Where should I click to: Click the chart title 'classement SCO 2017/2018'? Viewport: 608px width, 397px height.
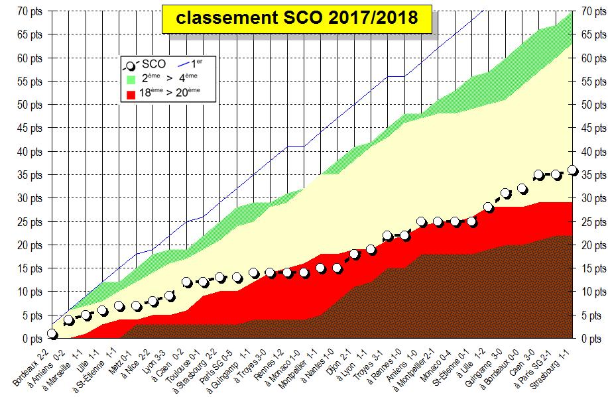click(297, 18)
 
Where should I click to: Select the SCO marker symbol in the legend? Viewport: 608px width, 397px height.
click(131, 65)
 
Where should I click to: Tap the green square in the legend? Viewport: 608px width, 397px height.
click(131, 79)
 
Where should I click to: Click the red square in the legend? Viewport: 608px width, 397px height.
click(131, 93)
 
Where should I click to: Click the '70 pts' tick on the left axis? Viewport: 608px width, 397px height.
click(30, 11)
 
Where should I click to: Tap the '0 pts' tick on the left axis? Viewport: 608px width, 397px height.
click(32, 339)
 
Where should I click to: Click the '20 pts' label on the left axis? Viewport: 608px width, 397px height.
click(30, 245)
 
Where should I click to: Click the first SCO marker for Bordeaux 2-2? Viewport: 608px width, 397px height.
click(52, 333)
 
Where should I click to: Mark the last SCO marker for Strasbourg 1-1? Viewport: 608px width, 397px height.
click(572, 170)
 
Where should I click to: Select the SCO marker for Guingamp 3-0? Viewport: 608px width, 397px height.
click(505, 194)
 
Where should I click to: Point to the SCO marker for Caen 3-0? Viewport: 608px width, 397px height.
click(539, 175)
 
